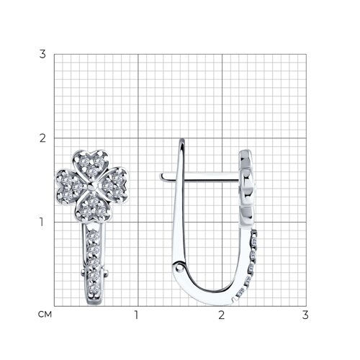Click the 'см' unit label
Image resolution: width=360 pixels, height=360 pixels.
tap(45, 314)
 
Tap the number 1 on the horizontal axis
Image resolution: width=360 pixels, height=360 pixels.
tap(136, 315)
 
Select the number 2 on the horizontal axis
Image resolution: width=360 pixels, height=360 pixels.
tap(221, 315)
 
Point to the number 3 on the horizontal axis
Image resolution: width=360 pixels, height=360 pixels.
tap(305, 315)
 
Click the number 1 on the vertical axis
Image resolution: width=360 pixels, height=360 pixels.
tap(42, 222)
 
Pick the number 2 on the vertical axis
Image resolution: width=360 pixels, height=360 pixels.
tap(42, 138)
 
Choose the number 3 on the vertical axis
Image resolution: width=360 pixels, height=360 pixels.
tap(42, 54)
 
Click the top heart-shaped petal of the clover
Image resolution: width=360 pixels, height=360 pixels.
tap(91, 164)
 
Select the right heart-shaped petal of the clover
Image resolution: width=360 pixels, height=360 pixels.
tap(114, 185)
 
